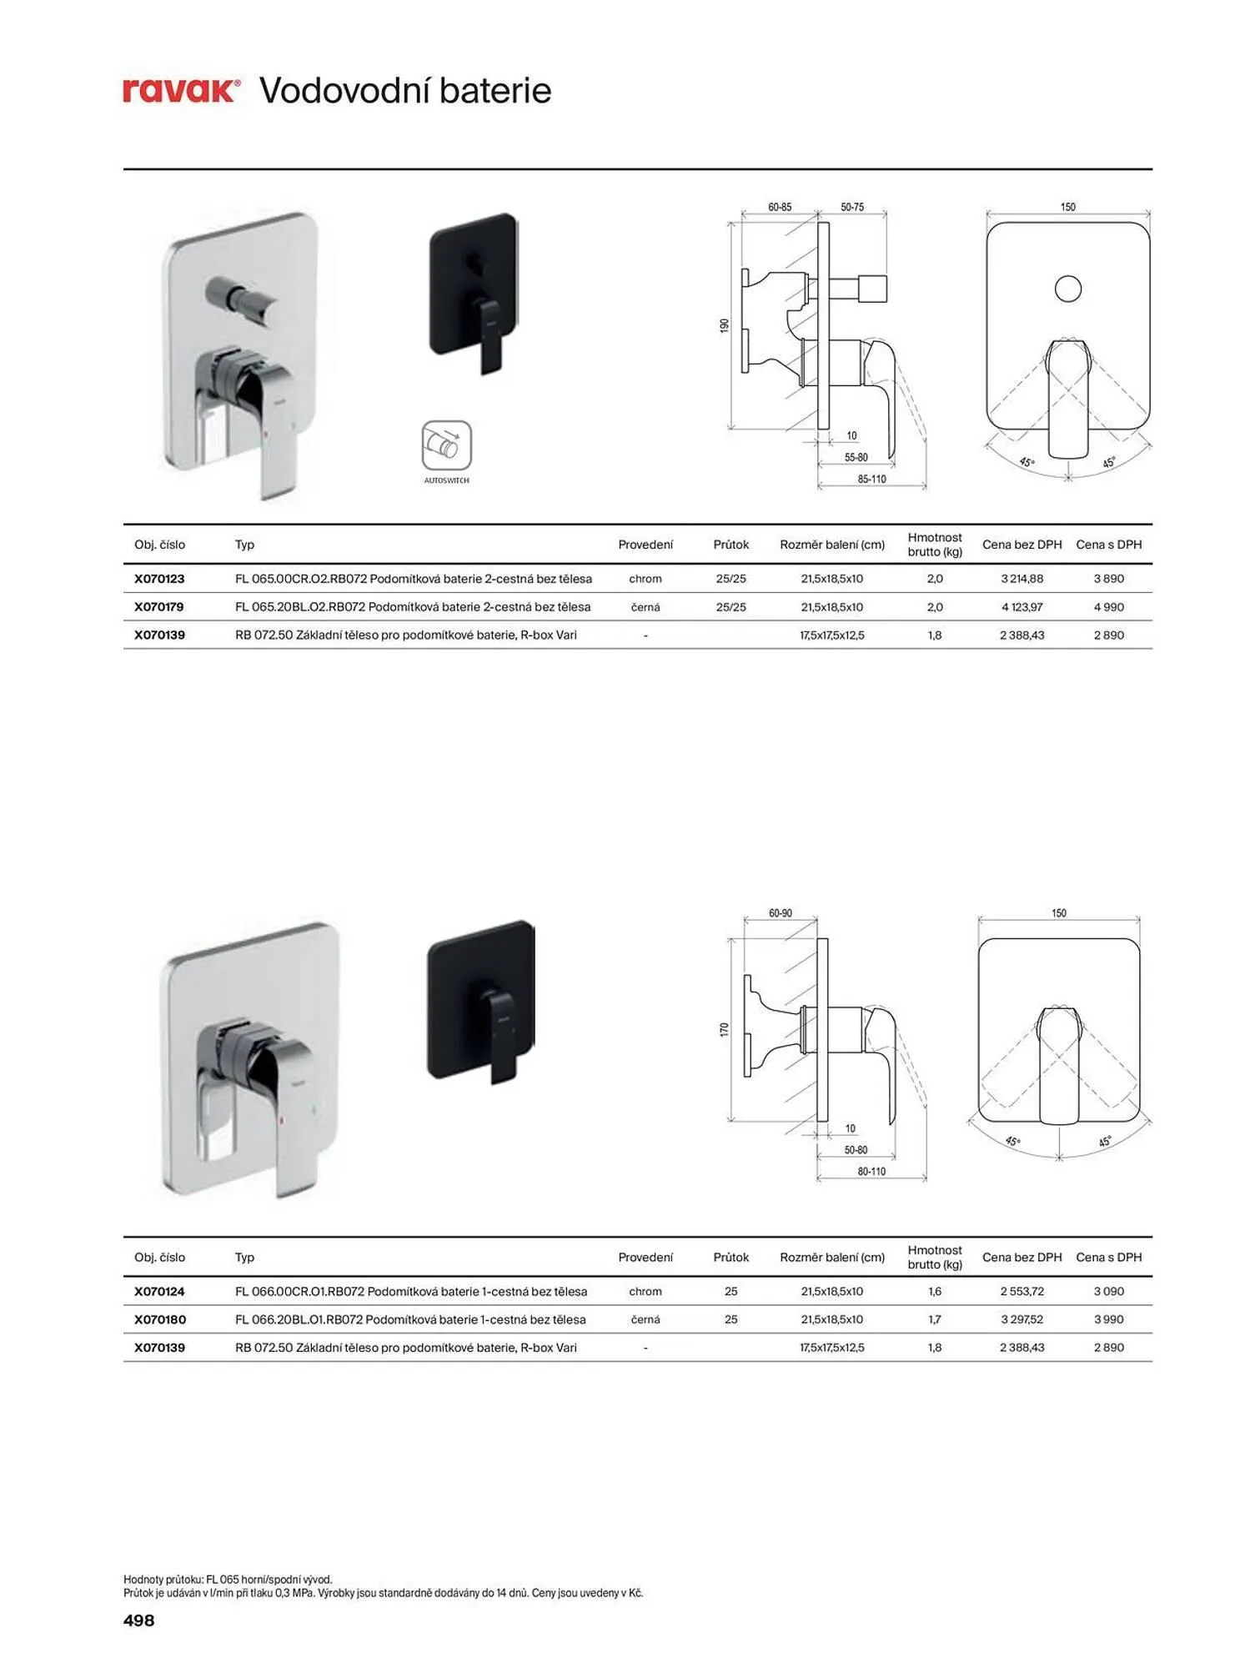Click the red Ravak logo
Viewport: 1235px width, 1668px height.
182,90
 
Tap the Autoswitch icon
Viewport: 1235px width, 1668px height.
446,445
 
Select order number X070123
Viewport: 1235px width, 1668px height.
159,579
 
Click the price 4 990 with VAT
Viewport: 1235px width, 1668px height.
1108,607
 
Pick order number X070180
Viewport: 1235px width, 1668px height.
160,1319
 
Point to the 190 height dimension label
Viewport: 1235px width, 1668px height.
725,325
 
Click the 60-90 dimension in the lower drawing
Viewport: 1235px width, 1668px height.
781,913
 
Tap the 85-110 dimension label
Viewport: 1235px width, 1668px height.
871,479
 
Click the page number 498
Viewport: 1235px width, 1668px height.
138,1620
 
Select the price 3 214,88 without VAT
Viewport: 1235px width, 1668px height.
1022,579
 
